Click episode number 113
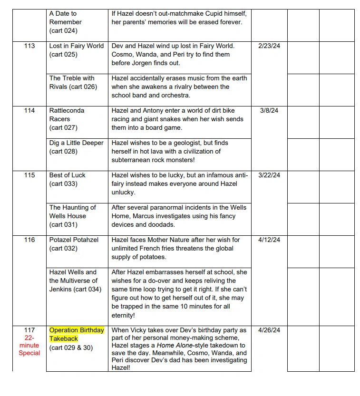point(29,46)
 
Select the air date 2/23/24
point(269,46)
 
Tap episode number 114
point(29,111)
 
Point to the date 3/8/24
point(269,111)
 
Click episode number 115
point(29,175)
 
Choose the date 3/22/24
point(269,175)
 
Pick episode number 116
point(29,240)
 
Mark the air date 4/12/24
point(269,240)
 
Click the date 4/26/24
point(269,330)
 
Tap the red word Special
point(29,353)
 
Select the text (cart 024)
point(63,31)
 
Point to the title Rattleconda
point(67,111)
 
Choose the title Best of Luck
point(68,175)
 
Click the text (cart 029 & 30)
point(71,348)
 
